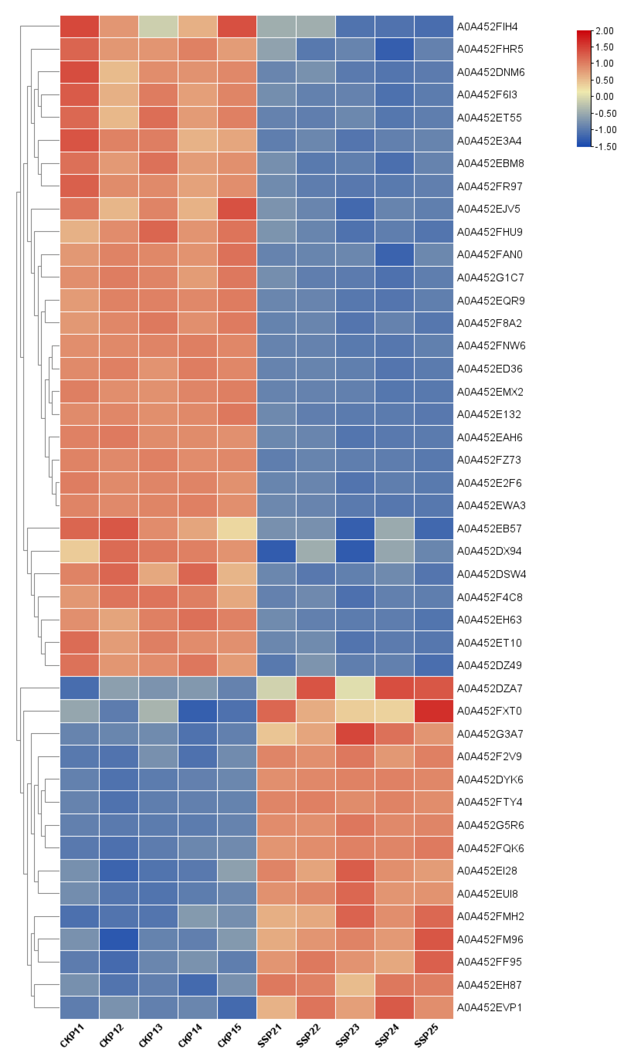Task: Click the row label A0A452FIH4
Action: coord(487,26)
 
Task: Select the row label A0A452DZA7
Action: coord(489,688)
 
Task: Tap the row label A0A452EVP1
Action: coord(489,1007)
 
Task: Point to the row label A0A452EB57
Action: coord(489,528)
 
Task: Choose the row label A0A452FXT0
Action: coord(489,711)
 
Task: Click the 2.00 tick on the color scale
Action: coord(604,31)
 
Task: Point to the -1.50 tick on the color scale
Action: coord(606,146)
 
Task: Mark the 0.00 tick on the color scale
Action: coord(604,97)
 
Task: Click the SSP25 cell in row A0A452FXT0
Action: coord(433,711)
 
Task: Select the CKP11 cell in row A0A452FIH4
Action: coord(79,26)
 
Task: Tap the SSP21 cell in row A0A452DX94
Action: coord(276,551)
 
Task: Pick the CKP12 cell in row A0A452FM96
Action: coord(119,939)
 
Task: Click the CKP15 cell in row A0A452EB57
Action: coord(237,528)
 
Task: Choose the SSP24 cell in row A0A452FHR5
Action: coord(394,49)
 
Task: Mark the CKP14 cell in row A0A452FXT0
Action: coord(198,711)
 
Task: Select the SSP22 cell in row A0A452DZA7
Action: coord(316,688)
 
